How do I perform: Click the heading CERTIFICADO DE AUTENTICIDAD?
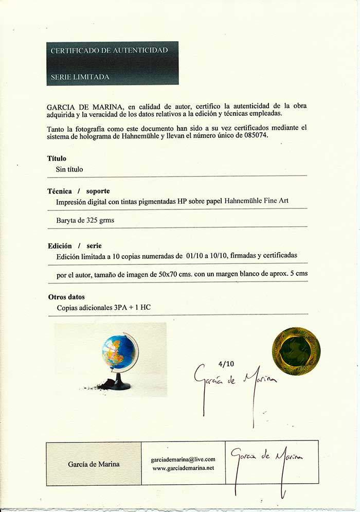tap(109, 50)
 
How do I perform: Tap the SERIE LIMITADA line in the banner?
tap(80, 77)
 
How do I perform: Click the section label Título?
tap(57, 158)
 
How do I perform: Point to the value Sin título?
tap(69, 169)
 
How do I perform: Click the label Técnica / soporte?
tap(79, 191)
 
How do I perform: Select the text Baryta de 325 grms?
tap(85, 220)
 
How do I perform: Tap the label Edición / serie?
tap(75, 245)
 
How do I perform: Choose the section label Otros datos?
tap(66, 297)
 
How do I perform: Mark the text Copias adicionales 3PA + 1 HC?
tap(103, 308)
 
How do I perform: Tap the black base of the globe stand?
tap(121, 384)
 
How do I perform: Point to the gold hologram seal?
tap(296, 351)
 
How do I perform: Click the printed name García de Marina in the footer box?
tap(94, 464)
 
